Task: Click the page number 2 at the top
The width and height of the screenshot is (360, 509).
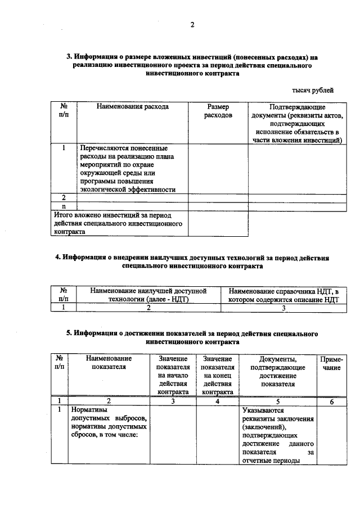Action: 192,25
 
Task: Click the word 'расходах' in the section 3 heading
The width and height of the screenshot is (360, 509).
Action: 287,57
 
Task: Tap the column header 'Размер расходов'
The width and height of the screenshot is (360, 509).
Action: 218,111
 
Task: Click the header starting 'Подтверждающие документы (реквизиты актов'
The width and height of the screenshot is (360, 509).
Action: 298,123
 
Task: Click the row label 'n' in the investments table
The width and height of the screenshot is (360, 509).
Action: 64,206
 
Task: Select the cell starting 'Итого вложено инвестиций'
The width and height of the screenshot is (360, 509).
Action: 119,223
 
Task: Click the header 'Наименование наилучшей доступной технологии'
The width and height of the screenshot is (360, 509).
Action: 149,295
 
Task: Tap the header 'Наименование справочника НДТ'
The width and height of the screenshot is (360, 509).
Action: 284,295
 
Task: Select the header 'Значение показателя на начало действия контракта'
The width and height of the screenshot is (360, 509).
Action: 173,375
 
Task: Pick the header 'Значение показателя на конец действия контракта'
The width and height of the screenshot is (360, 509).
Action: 217,375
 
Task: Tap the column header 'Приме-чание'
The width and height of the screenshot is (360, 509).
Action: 331,363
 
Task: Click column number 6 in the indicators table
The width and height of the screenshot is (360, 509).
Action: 331,402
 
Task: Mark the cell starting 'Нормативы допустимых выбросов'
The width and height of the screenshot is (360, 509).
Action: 108,422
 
